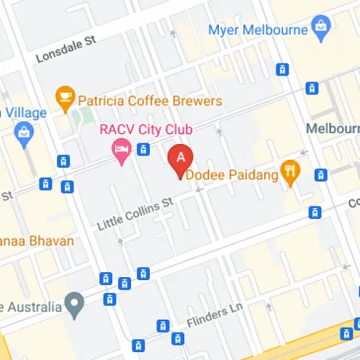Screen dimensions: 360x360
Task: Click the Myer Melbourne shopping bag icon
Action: click(x=320, y=30)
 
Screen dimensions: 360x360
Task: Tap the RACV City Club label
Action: click(x=145, y=130)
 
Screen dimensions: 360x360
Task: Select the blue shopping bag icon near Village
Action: click(x=24, y=133)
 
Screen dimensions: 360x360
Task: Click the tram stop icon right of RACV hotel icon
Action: click(x=144, y=150)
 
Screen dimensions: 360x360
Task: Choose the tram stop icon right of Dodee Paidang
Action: click(x=320, y=174)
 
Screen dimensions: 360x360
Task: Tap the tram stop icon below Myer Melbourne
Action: click(x=283, y=69)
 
